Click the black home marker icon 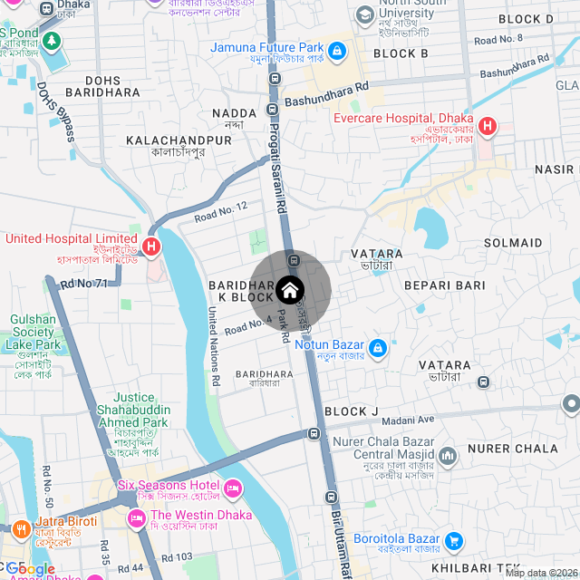[x=289, y=290]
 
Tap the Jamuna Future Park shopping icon [x=337, y=50]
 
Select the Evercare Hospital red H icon [x=488, y=126]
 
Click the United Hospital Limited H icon [x=151, y=246]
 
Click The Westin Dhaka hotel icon [x=137, y=517]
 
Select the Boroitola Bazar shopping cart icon [x=454, y=542]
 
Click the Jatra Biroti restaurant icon [x=21, y=527]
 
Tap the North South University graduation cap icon [x=364, y=14]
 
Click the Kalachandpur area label [x=179, y=141]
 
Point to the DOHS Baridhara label [x=115, y=87]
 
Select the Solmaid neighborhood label [x=513, y=243]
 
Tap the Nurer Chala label [x=524, y=449]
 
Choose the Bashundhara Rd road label [x=326, y=94]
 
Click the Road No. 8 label [x=498, y=39]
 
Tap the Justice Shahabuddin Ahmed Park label [x=141, y=410]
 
